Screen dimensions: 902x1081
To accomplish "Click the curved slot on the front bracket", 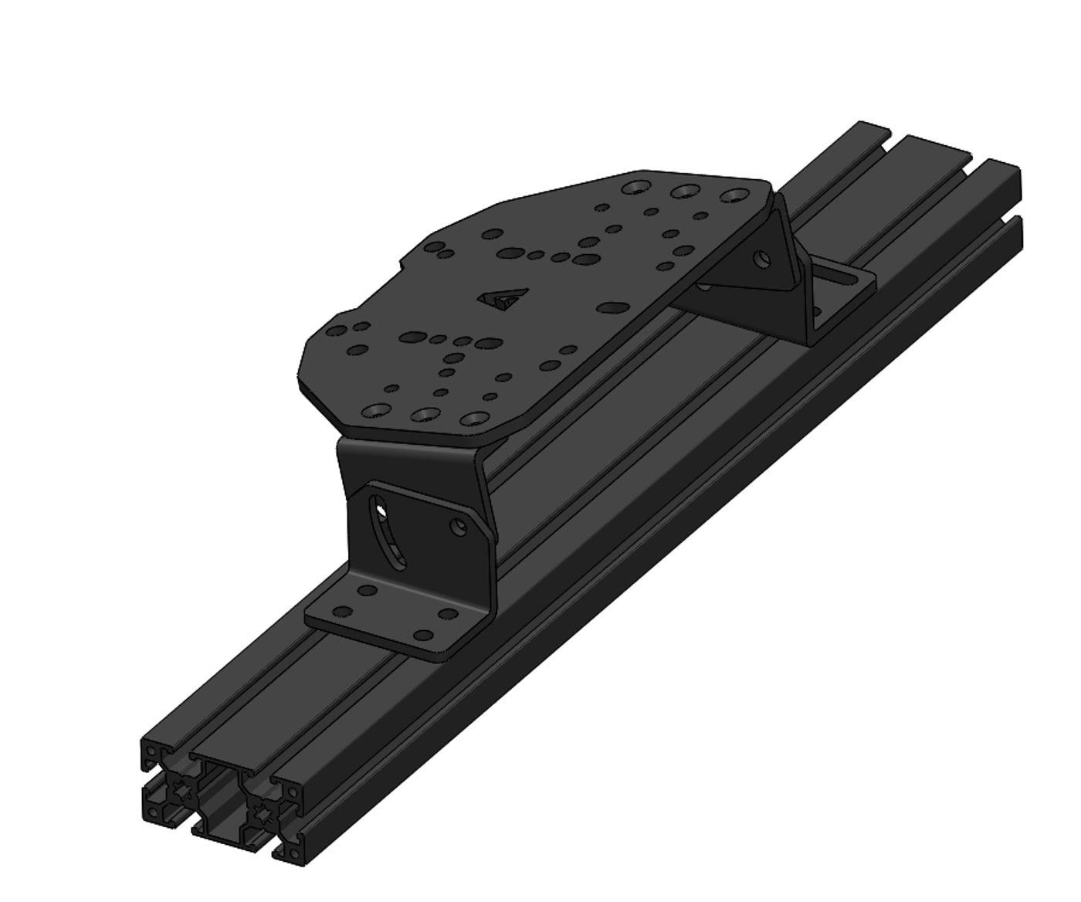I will pyautogui.click(x=390, y=533).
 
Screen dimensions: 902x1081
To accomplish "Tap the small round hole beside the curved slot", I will pyautogui.click(x=460, y=527).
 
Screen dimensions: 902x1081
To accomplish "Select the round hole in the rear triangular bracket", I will pyautogui.click(x=763, y=258).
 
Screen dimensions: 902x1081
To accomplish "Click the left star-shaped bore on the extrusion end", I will pyautogui.click(x=183, y=790).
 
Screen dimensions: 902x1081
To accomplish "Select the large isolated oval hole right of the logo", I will pyautogui.click(x=612, y=308).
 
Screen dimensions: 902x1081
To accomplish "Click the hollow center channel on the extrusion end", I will pyautogui.click(x=222, y=811).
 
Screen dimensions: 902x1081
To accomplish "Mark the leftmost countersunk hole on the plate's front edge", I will pyautogui.click(x=376, y=410).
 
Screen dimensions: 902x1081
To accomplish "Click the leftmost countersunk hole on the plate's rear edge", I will pyautogui.click(x=636, y=187).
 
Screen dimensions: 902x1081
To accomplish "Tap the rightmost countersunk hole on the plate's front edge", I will pyautogui.click(x=473, y=419).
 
